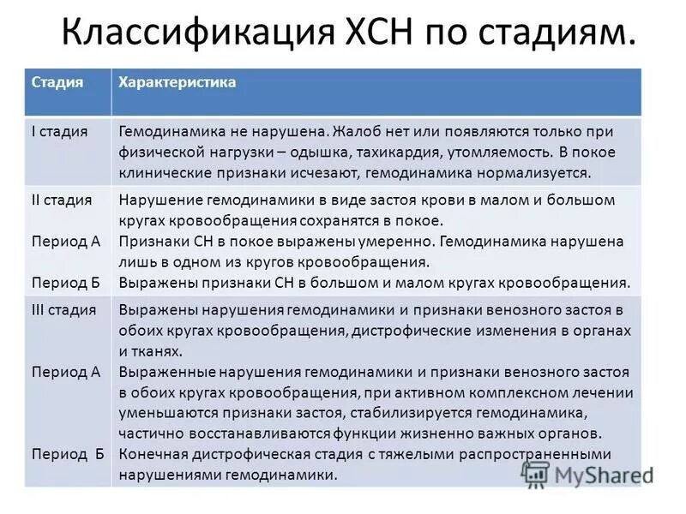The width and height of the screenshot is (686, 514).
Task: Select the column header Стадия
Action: [x=57, y=83]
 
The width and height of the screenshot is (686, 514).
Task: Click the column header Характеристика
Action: [x=177, y=83]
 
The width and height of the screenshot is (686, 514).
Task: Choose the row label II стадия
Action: [x=62, y=200]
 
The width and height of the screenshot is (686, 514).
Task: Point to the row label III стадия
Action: [x=63, y=309]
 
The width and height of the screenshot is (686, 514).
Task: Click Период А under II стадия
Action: [x=66, y=241]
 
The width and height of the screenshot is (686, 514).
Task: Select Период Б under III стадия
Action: [x=68, y=454]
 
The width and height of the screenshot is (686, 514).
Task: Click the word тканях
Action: [x=159, y=350]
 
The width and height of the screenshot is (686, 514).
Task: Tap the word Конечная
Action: [x=151, y=454]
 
